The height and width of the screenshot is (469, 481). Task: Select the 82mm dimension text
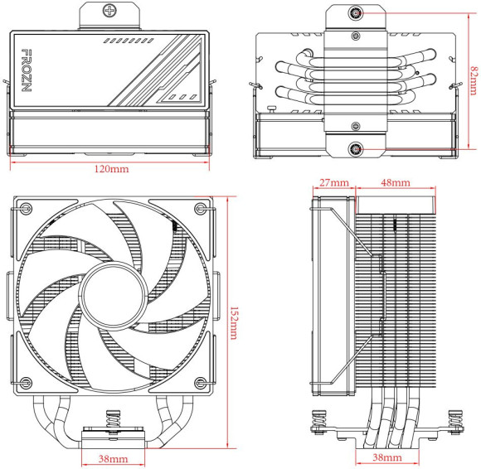point(472,80)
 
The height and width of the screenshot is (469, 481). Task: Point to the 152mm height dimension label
point(234,322)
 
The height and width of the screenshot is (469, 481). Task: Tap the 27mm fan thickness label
point(333,182)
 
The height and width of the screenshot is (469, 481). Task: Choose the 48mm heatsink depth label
point(395,182)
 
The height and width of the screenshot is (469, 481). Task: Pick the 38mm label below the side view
point(387,458)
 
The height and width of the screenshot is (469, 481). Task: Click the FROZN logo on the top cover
point(26,73)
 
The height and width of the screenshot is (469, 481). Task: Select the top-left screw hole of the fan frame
point(26,207)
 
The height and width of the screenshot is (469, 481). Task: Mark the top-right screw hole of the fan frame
point(199,207)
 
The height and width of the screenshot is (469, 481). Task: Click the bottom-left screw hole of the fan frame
point(26,382)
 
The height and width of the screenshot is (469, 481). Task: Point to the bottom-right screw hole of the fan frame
point(199,382)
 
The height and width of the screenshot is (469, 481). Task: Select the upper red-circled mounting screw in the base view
point(356,13)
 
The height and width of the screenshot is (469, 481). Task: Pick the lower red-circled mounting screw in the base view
point(356,149)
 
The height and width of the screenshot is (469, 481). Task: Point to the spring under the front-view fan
point(111,421)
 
